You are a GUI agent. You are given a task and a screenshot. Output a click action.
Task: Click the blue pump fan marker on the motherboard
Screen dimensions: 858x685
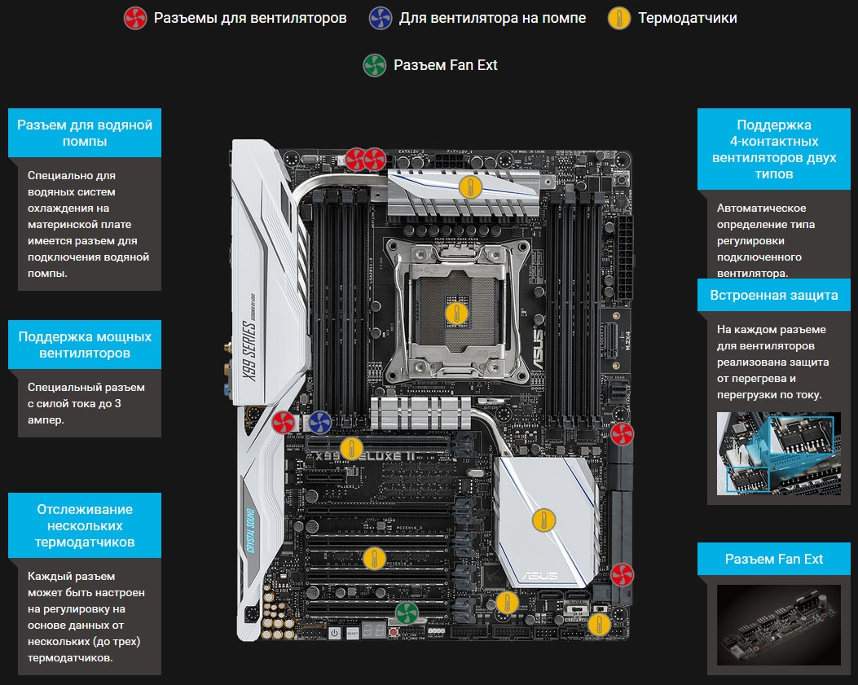click(319, 423)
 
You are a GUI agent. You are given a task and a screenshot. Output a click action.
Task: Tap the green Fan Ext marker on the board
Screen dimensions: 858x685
click(407, 613)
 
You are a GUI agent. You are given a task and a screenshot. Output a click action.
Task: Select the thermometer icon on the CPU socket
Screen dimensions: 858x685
click(456, 314)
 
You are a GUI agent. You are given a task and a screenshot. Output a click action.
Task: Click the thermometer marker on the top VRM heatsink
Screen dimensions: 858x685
click(470, 187)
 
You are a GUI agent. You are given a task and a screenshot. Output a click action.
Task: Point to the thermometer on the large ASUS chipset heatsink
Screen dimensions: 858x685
click(543, 520)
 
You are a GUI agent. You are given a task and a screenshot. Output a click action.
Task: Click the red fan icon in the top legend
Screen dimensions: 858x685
click(135, 18)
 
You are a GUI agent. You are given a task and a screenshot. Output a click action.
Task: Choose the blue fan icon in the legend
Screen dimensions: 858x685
click(381, 18)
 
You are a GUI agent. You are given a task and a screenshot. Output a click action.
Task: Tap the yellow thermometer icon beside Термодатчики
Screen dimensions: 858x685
click(619, 18)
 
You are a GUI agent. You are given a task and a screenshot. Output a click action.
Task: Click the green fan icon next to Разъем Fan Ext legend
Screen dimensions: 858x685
click(375, 65)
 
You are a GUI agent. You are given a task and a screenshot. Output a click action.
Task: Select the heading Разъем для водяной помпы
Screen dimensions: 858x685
click(85, 133)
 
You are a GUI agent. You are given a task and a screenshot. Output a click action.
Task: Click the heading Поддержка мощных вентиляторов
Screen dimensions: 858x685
click(85, 345)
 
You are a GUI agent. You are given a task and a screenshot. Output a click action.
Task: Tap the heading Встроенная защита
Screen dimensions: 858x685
click(774, 295)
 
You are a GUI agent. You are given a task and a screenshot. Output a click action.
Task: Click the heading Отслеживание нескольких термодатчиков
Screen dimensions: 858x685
click(85, 525)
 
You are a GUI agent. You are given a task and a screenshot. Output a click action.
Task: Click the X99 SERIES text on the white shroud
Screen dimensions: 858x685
click(249, 351)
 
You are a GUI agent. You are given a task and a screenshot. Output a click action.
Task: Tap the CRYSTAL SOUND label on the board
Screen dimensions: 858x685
click(251, 530)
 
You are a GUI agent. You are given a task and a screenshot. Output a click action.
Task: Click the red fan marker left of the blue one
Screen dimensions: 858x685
click(284, 423)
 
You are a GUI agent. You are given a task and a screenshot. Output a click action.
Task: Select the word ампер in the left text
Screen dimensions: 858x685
click(46, 419)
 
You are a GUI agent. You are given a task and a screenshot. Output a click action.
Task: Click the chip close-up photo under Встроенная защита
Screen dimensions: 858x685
click(779, 454)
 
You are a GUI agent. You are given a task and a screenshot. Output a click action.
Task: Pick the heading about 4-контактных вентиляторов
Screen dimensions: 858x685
click(774, 149)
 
